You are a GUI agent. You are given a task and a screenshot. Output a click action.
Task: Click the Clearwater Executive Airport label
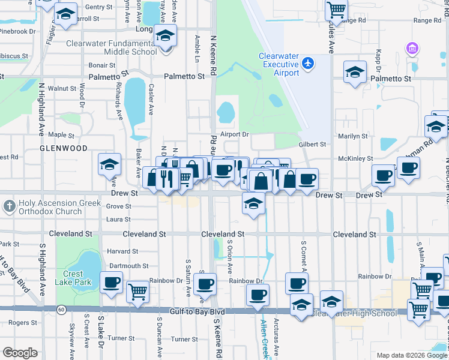279,64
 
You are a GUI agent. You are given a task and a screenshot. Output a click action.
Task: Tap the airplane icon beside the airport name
308,62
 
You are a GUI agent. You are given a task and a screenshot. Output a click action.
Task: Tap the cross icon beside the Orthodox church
9,207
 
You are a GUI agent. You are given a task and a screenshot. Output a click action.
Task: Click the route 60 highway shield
62,310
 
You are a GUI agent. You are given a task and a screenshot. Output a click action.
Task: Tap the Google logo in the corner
20,352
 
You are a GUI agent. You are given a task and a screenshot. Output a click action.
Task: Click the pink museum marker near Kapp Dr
412,48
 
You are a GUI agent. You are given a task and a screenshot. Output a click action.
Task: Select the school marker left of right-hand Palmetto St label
355,73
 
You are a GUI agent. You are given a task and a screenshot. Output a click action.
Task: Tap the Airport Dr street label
234,134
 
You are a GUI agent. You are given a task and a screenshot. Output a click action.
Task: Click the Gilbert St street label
312,145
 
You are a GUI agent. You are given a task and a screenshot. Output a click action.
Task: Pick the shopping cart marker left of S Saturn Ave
138,292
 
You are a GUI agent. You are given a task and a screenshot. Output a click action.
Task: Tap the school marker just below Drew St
254,204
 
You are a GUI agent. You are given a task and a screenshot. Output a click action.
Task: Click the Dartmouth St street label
129,266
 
